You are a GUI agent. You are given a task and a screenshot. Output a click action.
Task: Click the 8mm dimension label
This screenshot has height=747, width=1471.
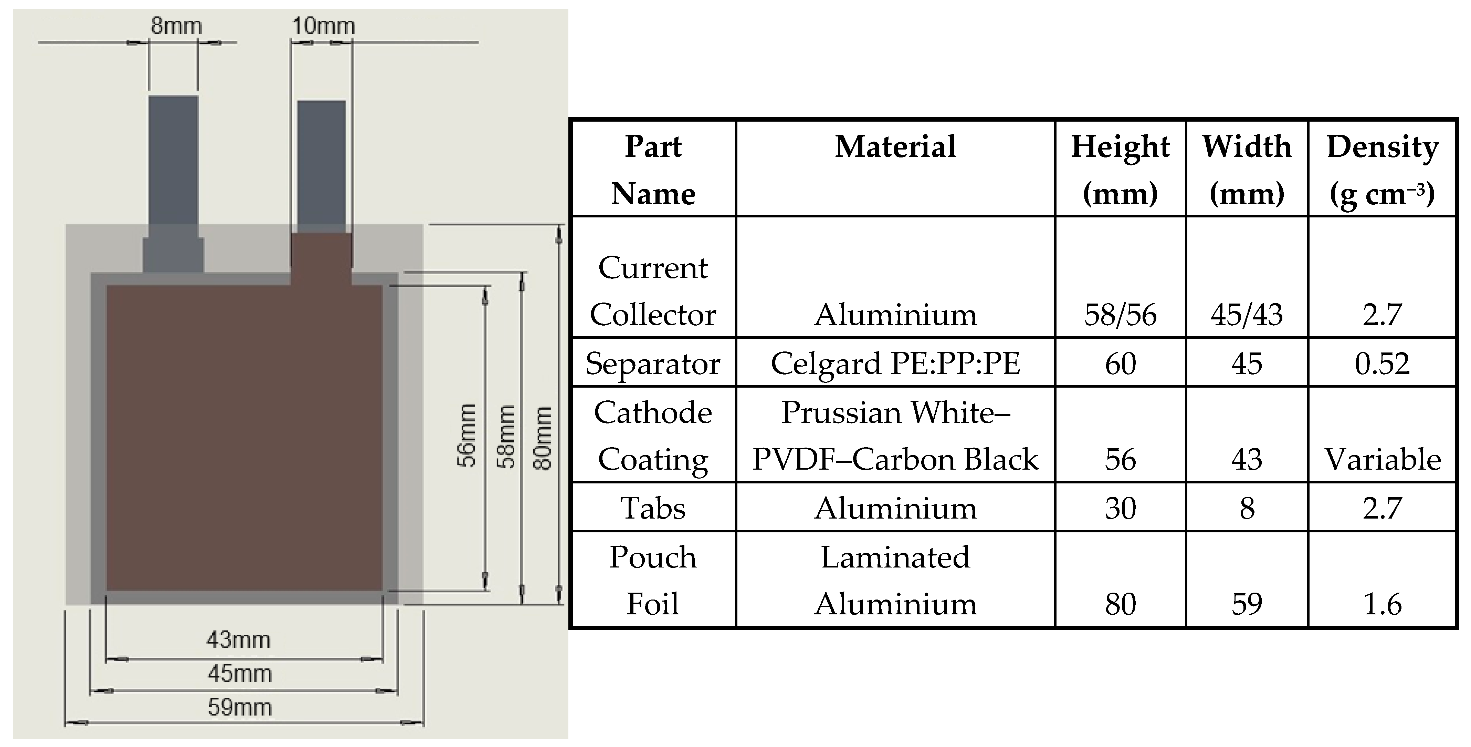[x=176, y=26]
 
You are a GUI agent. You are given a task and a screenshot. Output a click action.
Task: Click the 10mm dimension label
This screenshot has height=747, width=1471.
[x=323, y=26]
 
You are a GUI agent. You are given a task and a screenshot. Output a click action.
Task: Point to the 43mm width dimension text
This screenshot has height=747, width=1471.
[x=239, y=640]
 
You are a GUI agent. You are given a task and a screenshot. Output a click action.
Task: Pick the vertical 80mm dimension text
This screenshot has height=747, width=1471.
[x=543, y=438]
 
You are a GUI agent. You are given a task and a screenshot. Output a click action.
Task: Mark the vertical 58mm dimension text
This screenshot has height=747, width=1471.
[x=506, y=437]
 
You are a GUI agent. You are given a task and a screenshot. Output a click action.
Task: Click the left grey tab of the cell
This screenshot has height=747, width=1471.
[x=173, y=160]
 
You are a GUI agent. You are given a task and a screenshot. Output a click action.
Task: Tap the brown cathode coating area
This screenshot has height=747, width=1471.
[x=244, y=437]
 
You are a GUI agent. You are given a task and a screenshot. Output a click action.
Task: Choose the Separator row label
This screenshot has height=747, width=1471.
[x=653, y=364]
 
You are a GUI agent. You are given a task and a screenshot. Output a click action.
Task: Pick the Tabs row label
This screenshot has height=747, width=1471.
[x=653, y=508]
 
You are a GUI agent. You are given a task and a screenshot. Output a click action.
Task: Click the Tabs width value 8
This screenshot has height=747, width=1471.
[x=1247, y=508]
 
